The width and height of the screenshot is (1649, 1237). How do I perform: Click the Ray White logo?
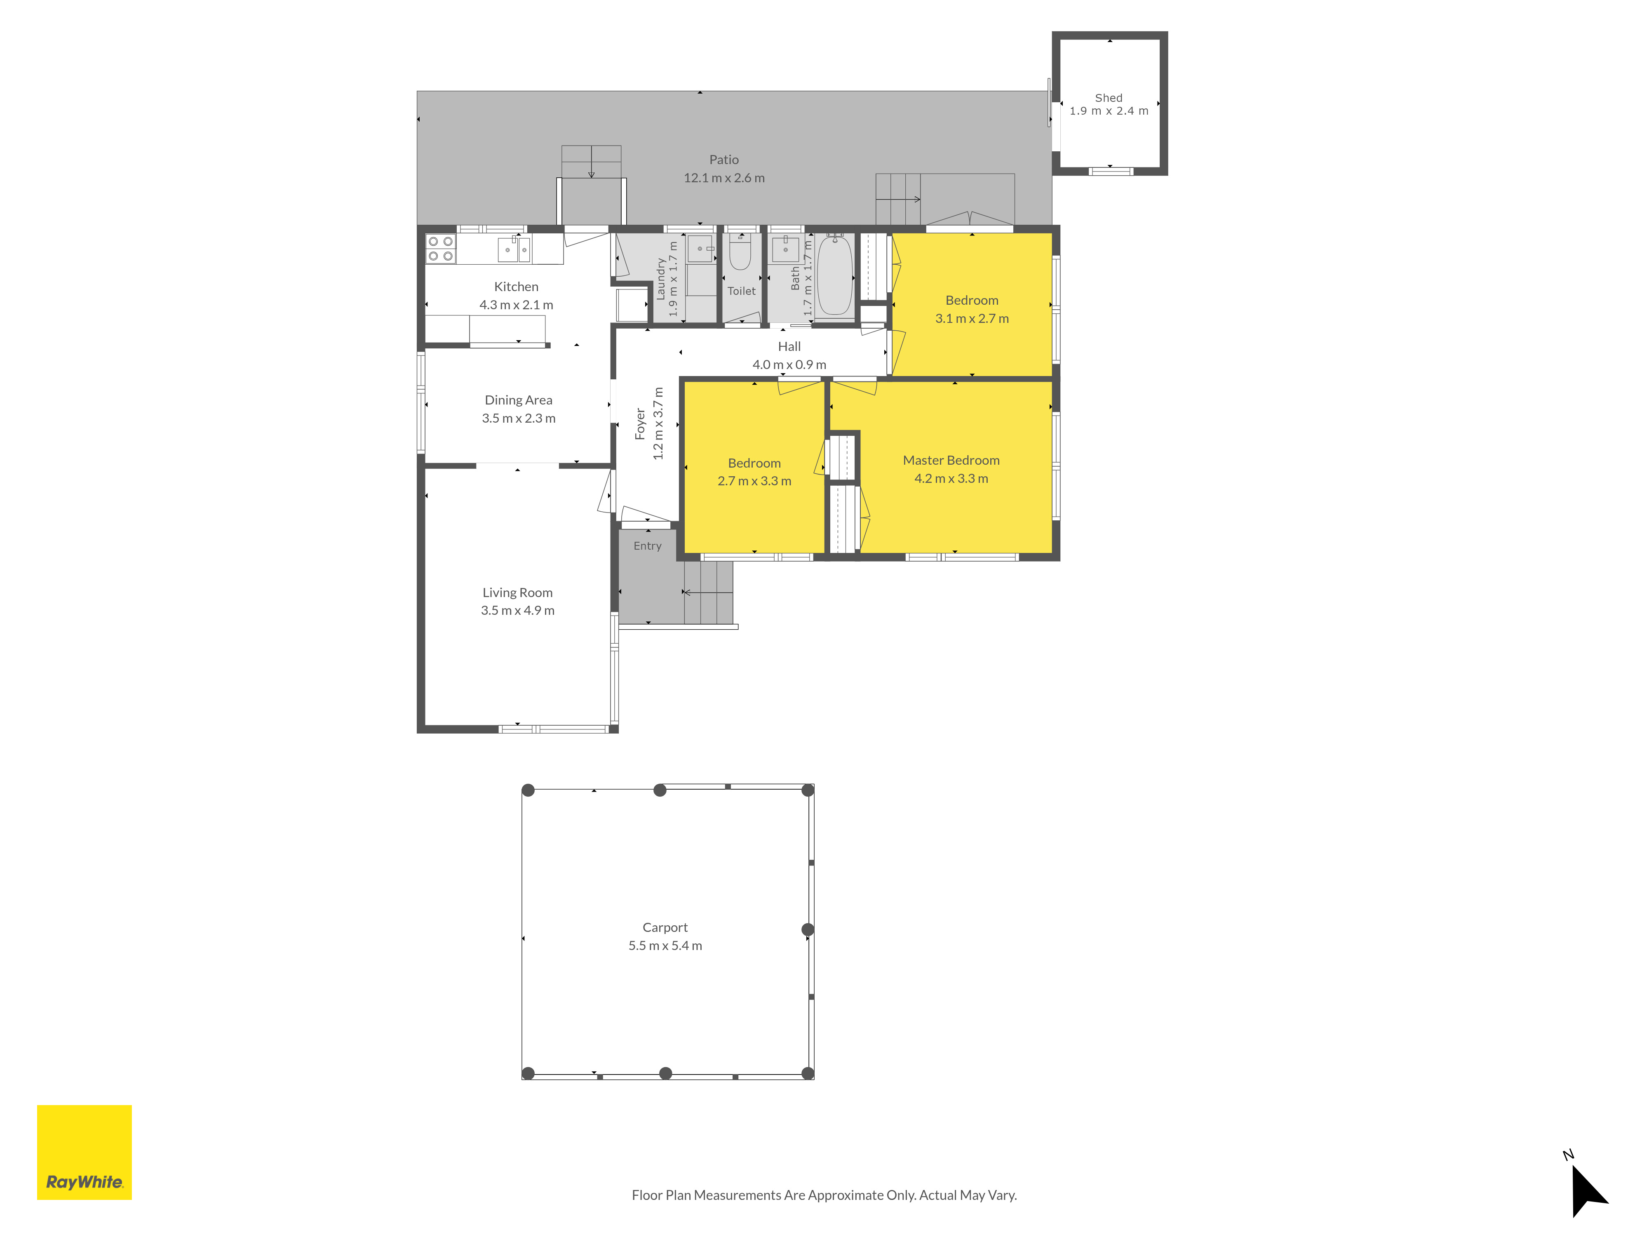(x=84, y=1152)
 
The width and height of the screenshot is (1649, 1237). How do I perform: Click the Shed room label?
(x=1109, y=98)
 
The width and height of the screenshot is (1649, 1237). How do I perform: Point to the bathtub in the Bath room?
(x=835, y=276)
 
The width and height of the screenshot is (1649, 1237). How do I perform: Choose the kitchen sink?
(x=514, y=249)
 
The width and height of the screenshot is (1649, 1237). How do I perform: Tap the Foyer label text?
(x=640, y=423)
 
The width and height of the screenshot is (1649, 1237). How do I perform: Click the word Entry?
(x=647, y=546)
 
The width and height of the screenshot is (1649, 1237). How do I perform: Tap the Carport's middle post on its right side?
(x=807, y=929)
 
